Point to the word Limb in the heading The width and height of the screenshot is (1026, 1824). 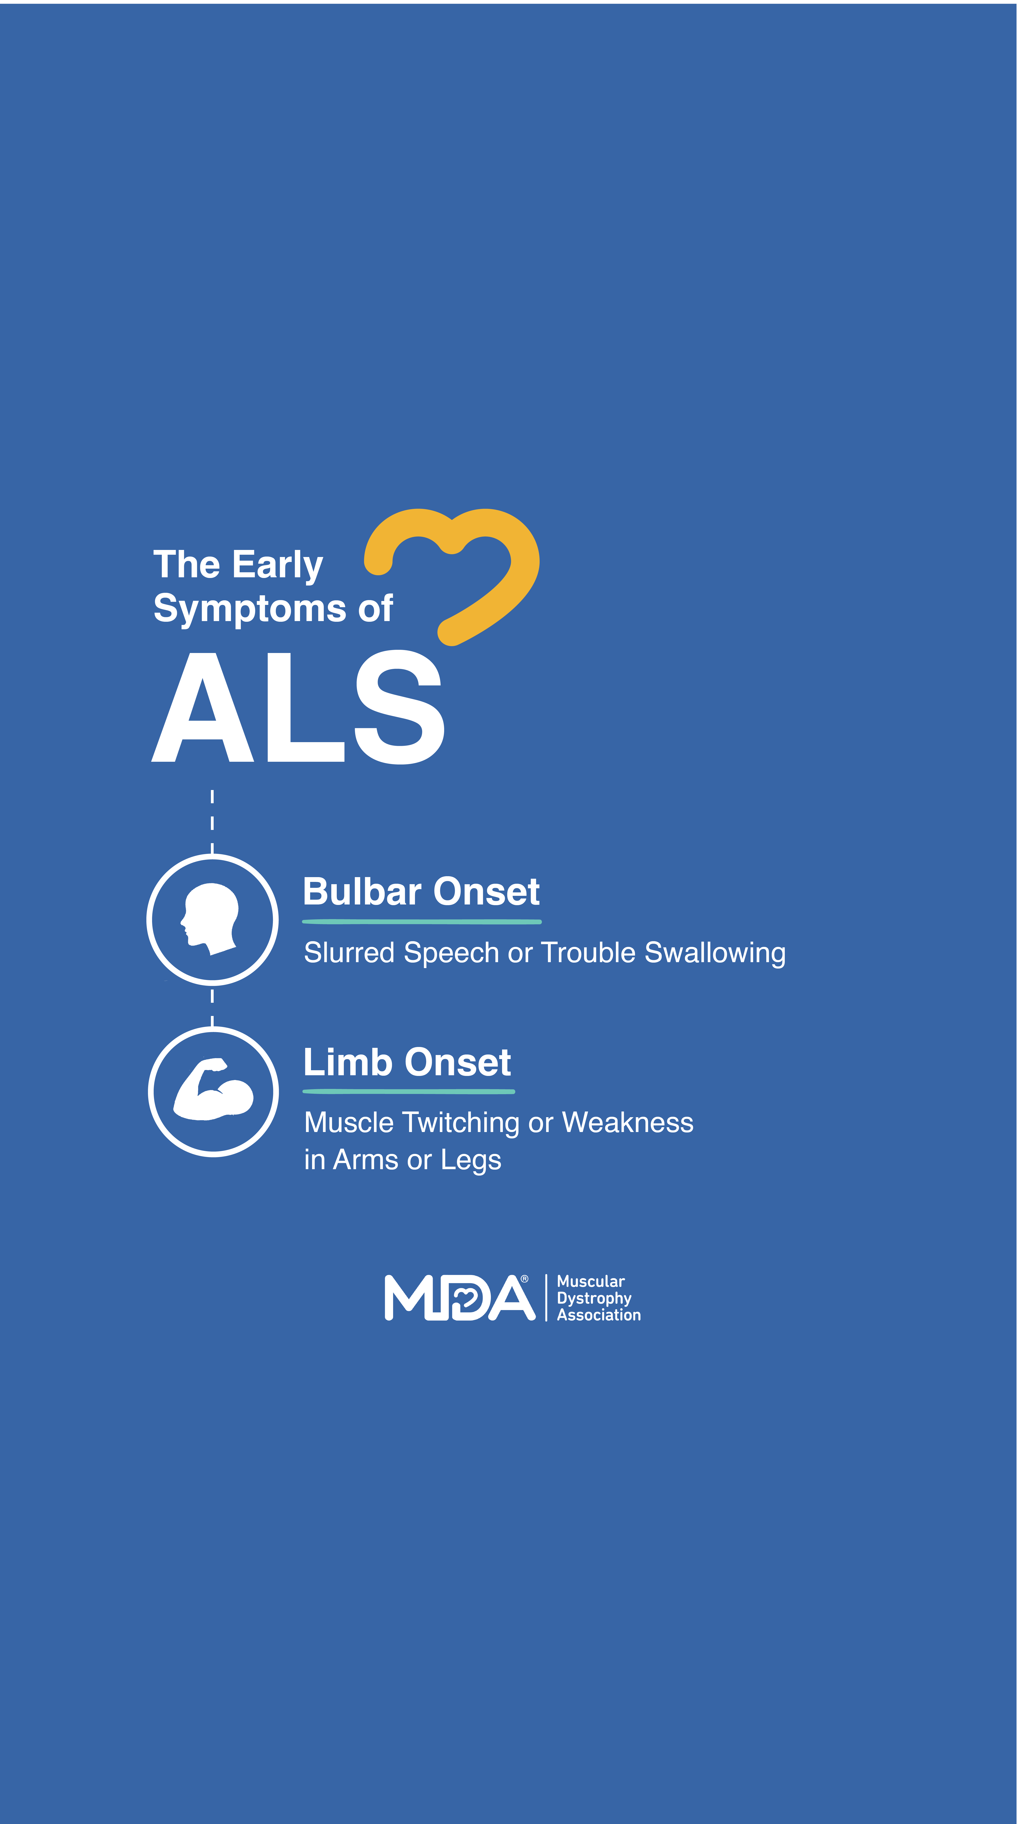[x=348, y=1062]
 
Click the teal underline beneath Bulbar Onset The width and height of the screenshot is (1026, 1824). [x=422, y=921]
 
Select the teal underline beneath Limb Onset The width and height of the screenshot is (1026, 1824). [x=409, y=1091]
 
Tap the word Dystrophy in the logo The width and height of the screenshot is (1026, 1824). [x=594, y=1299]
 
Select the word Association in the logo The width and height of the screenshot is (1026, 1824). [x=599, y=1315]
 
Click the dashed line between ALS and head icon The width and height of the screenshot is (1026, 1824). [x=212, y=821]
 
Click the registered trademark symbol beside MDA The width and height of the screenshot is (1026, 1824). [x=525, y=1279]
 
